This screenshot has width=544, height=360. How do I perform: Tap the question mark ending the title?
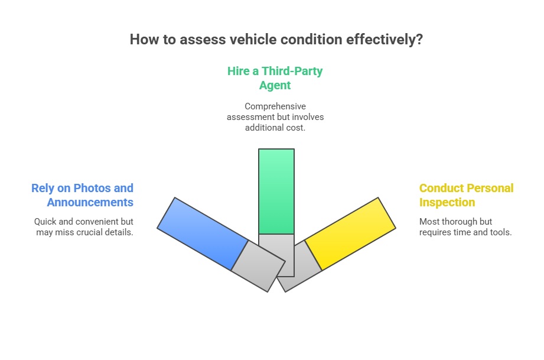[x=419, y=40]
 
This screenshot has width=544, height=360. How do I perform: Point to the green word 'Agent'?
[x=275, y=85]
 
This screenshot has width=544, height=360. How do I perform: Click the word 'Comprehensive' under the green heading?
[x=275, y=106]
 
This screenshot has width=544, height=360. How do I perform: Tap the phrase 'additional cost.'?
[x=275, y=128]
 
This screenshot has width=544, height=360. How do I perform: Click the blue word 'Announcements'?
[x=90, y=203]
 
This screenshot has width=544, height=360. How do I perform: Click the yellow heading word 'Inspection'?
[x=447, y=203]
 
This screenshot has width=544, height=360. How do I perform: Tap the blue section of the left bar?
[x=203, y=233]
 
